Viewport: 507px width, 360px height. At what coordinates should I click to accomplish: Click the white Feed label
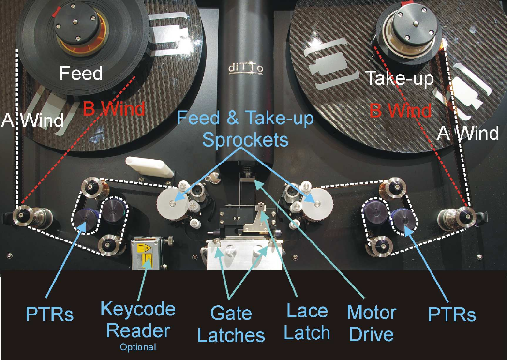(x=81, y=74)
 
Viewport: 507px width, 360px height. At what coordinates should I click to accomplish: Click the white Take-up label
(x=399, y=78)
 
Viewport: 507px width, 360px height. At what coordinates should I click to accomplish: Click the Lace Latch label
(x=307, y=322)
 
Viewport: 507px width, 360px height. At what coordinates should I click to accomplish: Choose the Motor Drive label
(x=372, y=322)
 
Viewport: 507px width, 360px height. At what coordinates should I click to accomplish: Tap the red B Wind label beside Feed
(x=114, y=109)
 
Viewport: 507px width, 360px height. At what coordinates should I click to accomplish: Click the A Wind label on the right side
(x=468, y=133)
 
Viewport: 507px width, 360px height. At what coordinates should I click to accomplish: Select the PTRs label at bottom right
(x=452, y=315)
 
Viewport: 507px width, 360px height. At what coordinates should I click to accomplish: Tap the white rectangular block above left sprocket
(x=148, y=167)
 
